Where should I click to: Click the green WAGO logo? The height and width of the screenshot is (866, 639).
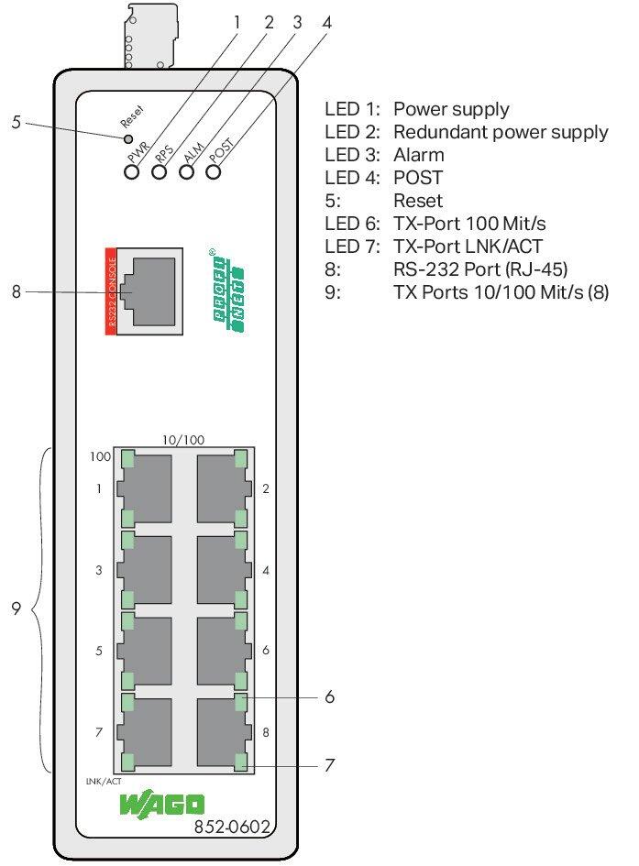click(162, 806)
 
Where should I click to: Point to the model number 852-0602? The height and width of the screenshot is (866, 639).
click(232, 828)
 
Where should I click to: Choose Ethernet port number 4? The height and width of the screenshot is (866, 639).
click(223, 569)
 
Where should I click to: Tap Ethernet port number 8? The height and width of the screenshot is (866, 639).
click(223, 730)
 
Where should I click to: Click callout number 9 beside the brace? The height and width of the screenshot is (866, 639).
click(17, 608)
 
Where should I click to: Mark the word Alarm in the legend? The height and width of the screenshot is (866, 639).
click(418, 155)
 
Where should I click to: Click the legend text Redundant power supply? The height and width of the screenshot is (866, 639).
click(501, 132)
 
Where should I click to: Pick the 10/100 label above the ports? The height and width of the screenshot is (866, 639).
click(183, 440)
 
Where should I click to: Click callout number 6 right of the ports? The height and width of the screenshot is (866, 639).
click(328, 697)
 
